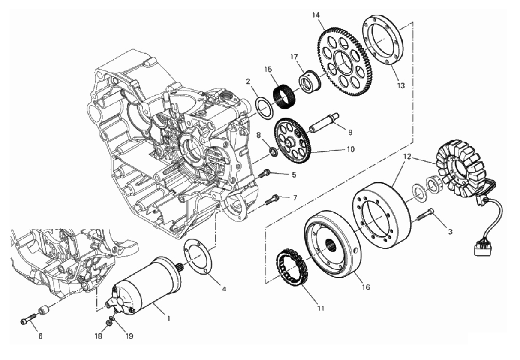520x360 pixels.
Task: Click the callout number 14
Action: [x=316, y=15]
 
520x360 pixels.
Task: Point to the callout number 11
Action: [x=321, y=308]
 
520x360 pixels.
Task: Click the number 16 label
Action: [x=366, y=287]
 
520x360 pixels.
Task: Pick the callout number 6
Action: [x=40, y=336]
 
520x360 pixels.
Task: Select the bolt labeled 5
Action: [x=265, y=173]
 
